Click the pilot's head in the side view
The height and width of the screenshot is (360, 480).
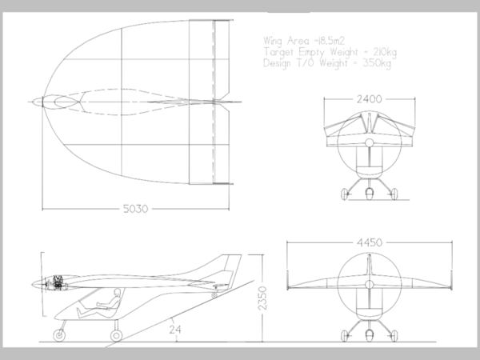click(117, 298)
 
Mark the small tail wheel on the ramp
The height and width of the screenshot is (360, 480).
click(215, 295)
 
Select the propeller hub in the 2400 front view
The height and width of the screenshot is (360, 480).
click(368, 142)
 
